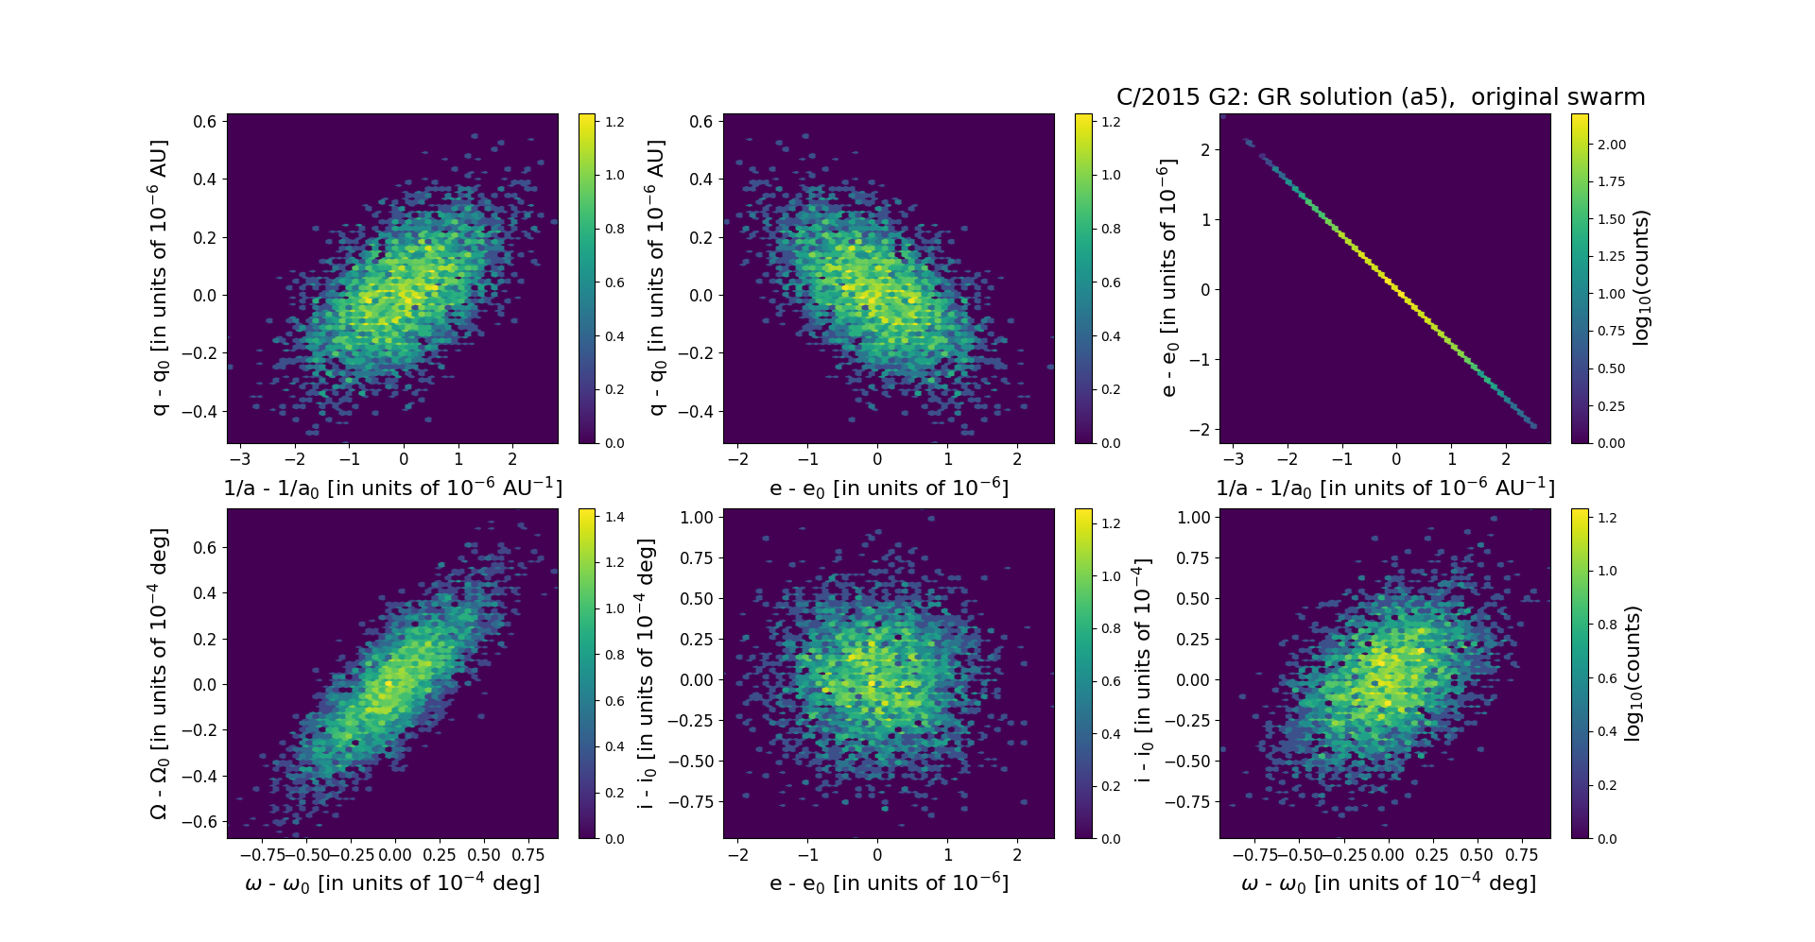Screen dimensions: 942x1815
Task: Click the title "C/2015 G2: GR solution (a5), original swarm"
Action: (1380, 97)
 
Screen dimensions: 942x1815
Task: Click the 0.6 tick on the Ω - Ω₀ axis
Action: (205, 548)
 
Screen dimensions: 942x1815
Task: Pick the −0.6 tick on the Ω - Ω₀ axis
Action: (200, 822)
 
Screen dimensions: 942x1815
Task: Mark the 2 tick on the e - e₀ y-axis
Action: (1205, 149)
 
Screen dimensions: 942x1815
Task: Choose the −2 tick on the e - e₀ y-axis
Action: (1201, 430)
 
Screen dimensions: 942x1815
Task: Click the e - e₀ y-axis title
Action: (1168, 278)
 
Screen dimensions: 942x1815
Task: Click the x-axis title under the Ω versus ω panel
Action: (392, 883)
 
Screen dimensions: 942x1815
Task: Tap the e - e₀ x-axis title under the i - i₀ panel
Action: (889, 883)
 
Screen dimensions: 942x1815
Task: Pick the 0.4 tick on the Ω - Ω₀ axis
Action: (205, 593)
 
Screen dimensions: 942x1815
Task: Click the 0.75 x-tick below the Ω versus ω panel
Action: (528, 855)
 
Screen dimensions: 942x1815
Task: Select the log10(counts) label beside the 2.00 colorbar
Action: (1641, 278)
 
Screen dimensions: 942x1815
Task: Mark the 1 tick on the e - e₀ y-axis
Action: (1205, 219)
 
